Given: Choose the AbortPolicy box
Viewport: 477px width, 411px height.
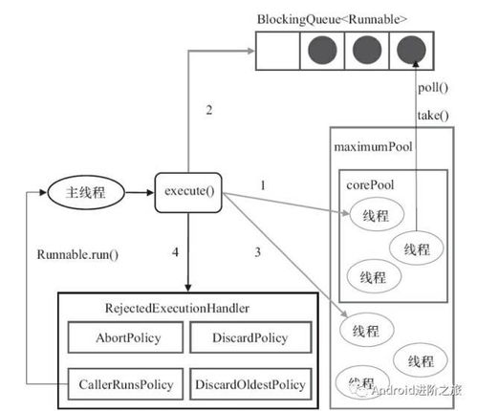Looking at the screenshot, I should pyautogui.click(x=121, y=337).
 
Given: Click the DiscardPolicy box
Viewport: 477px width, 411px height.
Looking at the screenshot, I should pyautogui.click(x=250, y=337).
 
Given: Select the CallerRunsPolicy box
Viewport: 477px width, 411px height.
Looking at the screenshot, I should pyautogui.click(x=121, y=384).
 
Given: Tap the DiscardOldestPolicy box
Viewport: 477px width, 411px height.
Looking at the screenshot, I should pyautogui.click(x=250, y=384).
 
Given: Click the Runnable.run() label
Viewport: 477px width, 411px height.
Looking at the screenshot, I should pyautogui.click(x=76, y=256).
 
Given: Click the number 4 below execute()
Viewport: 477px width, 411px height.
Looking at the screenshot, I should pyautogui.click(x=173, y=252).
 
